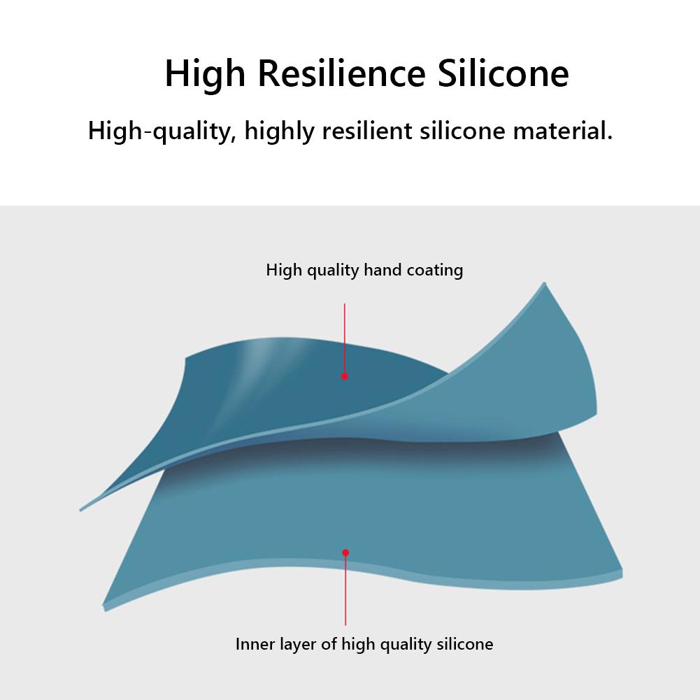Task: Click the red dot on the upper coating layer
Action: [345, 376]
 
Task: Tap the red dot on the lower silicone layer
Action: [345, 552]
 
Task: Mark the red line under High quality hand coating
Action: [345, 336]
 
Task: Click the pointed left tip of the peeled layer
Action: [81, 509]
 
